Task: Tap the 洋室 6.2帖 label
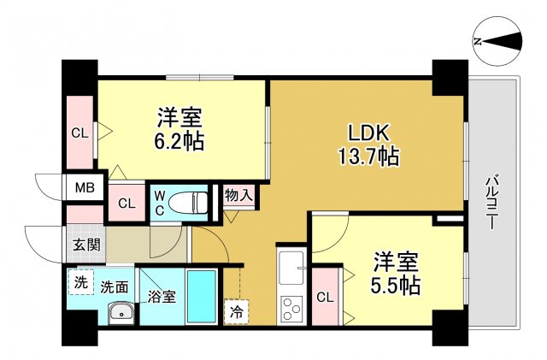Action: (179, 128)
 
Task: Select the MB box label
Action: (84, 187)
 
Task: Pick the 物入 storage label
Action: (238, 195)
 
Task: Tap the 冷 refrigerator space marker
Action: (235, 310)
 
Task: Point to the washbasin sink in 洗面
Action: (121, 313)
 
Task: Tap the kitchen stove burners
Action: (291, 305)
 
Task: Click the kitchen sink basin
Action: (291, 262)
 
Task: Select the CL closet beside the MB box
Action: (79, 133)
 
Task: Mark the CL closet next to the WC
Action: (126, 204)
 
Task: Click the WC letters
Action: (160, 204)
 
